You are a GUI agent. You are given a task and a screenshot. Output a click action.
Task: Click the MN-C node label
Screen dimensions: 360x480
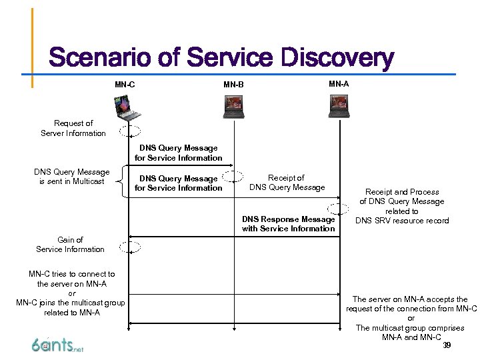[125, 85]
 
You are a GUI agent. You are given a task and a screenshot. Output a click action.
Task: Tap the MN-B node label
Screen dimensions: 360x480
[233, 85]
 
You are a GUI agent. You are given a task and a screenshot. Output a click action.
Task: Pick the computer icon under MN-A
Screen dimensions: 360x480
[339, 107]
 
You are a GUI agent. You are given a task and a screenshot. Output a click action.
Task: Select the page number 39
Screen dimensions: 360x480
[447, 345]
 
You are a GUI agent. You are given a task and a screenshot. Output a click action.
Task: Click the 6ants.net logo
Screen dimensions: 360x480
[57, 345]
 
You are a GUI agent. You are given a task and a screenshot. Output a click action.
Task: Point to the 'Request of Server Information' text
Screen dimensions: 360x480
[73, 128]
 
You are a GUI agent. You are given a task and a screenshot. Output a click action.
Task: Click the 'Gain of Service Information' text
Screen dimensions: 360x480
[71, 245]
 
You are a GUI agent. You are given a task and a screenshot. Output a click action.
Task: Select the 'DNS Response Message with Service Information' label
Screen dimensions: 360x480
[288, 224]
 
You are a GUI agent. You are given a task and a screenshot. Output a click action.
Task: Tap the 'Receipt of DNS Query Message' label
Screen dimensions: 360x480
[287, 183]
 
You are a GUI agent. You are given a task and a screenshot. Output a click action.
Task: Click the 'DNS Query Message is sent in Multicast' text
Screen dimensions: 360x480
[72, 177]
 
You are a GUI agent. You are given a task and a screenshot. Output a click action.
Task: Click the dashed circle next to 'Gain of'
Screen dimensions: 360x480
[130, 247]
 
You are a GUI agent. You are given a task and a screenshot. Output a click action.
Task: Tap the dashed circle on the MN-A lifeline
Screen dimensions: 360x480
[339, 208]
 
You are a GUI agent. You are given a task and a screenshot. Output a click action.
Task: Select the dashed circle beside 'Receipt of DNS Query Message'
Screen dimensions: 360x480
[233, 177]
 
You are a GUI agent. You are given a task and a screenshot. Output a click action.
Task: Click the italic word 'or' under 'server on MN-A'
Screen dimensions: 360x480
[71, 293]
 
